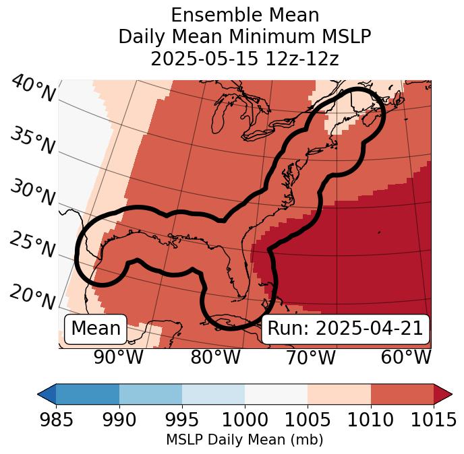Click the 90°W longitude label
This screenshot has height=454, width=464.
point(119,358)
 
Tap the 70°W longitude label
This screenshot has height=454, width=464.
point(311,358)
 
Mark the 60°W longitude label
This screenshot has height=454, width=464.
point(406,358)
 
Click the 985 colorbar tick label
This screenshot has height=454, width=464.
point(56,420)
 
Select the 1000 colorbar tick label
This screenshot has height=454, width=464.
point(245,420)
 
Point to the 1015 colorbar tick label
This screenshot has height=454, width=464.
point(434,420)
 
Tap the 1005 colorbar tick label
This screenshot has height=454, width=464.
point(308,420)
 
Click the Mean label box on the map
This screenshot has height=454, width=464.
point(96,329)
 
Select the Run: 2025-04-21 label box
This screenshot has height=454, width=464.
point(345,329)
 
